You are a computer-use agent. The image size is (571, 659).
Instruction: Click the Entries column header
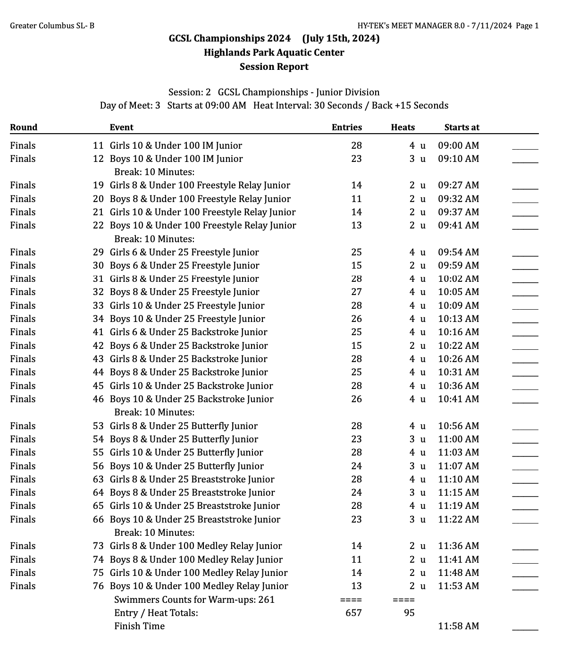(347, 127)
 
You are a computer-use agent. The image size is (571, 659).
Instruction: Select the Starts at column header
(462, 127)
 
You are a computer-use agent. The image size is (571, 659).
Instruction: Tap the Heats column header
(403, 127)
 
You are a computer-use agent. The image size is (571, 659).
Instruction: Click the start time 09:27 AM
(458, 186)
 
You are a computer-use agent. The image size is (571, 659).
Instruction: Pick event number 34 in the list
(98, 319)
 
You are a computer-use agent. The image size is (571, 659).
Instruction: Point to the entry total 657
(353, 613)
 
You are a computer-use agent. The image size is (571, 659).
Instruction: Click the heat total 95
(409, 613)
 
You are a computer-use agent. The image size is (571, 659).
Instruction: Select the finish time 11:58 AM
(458, 626)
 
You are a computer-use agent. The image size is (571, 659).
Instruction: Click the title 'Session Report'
(274, 67)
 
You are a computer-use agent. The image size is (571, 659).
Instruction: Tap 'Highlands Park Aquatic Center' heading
(274, 53)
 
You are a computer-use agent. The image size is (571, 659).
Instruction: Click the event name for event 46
(192, 399)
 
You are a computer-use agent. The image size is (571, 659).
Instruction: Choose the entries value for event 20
(356, 199)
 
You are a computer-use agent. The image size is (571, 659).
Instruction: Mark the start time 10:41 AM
(458, 399)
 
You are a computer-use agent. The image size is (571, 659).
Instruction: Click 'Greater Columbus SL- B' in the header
(52, 26)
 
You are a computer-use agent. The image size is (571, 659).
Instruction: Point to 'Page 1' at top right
(527, 26)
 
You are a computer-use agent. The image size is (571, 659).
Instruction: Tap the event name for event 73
(196, 546)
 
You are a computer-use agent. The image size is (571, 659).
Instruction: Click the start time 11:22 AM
(458, 520)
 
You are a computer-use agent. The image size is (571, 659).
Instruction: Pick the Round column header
(24, 127)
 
